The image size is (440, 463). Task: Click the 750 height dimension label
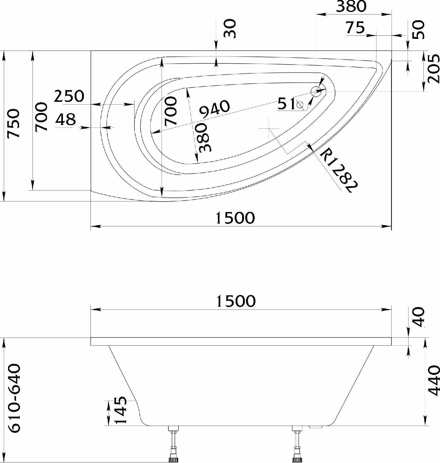(x=13, y=123)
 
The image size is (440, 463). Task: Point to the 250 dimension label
(x=69, y=96)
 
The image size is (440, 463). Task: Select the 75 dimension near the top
(x=355, y=27)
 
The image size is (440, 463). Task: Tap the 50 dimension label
(x=419, y=29)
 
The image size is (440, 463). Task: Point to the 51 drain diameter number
(x=286, y=104)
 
